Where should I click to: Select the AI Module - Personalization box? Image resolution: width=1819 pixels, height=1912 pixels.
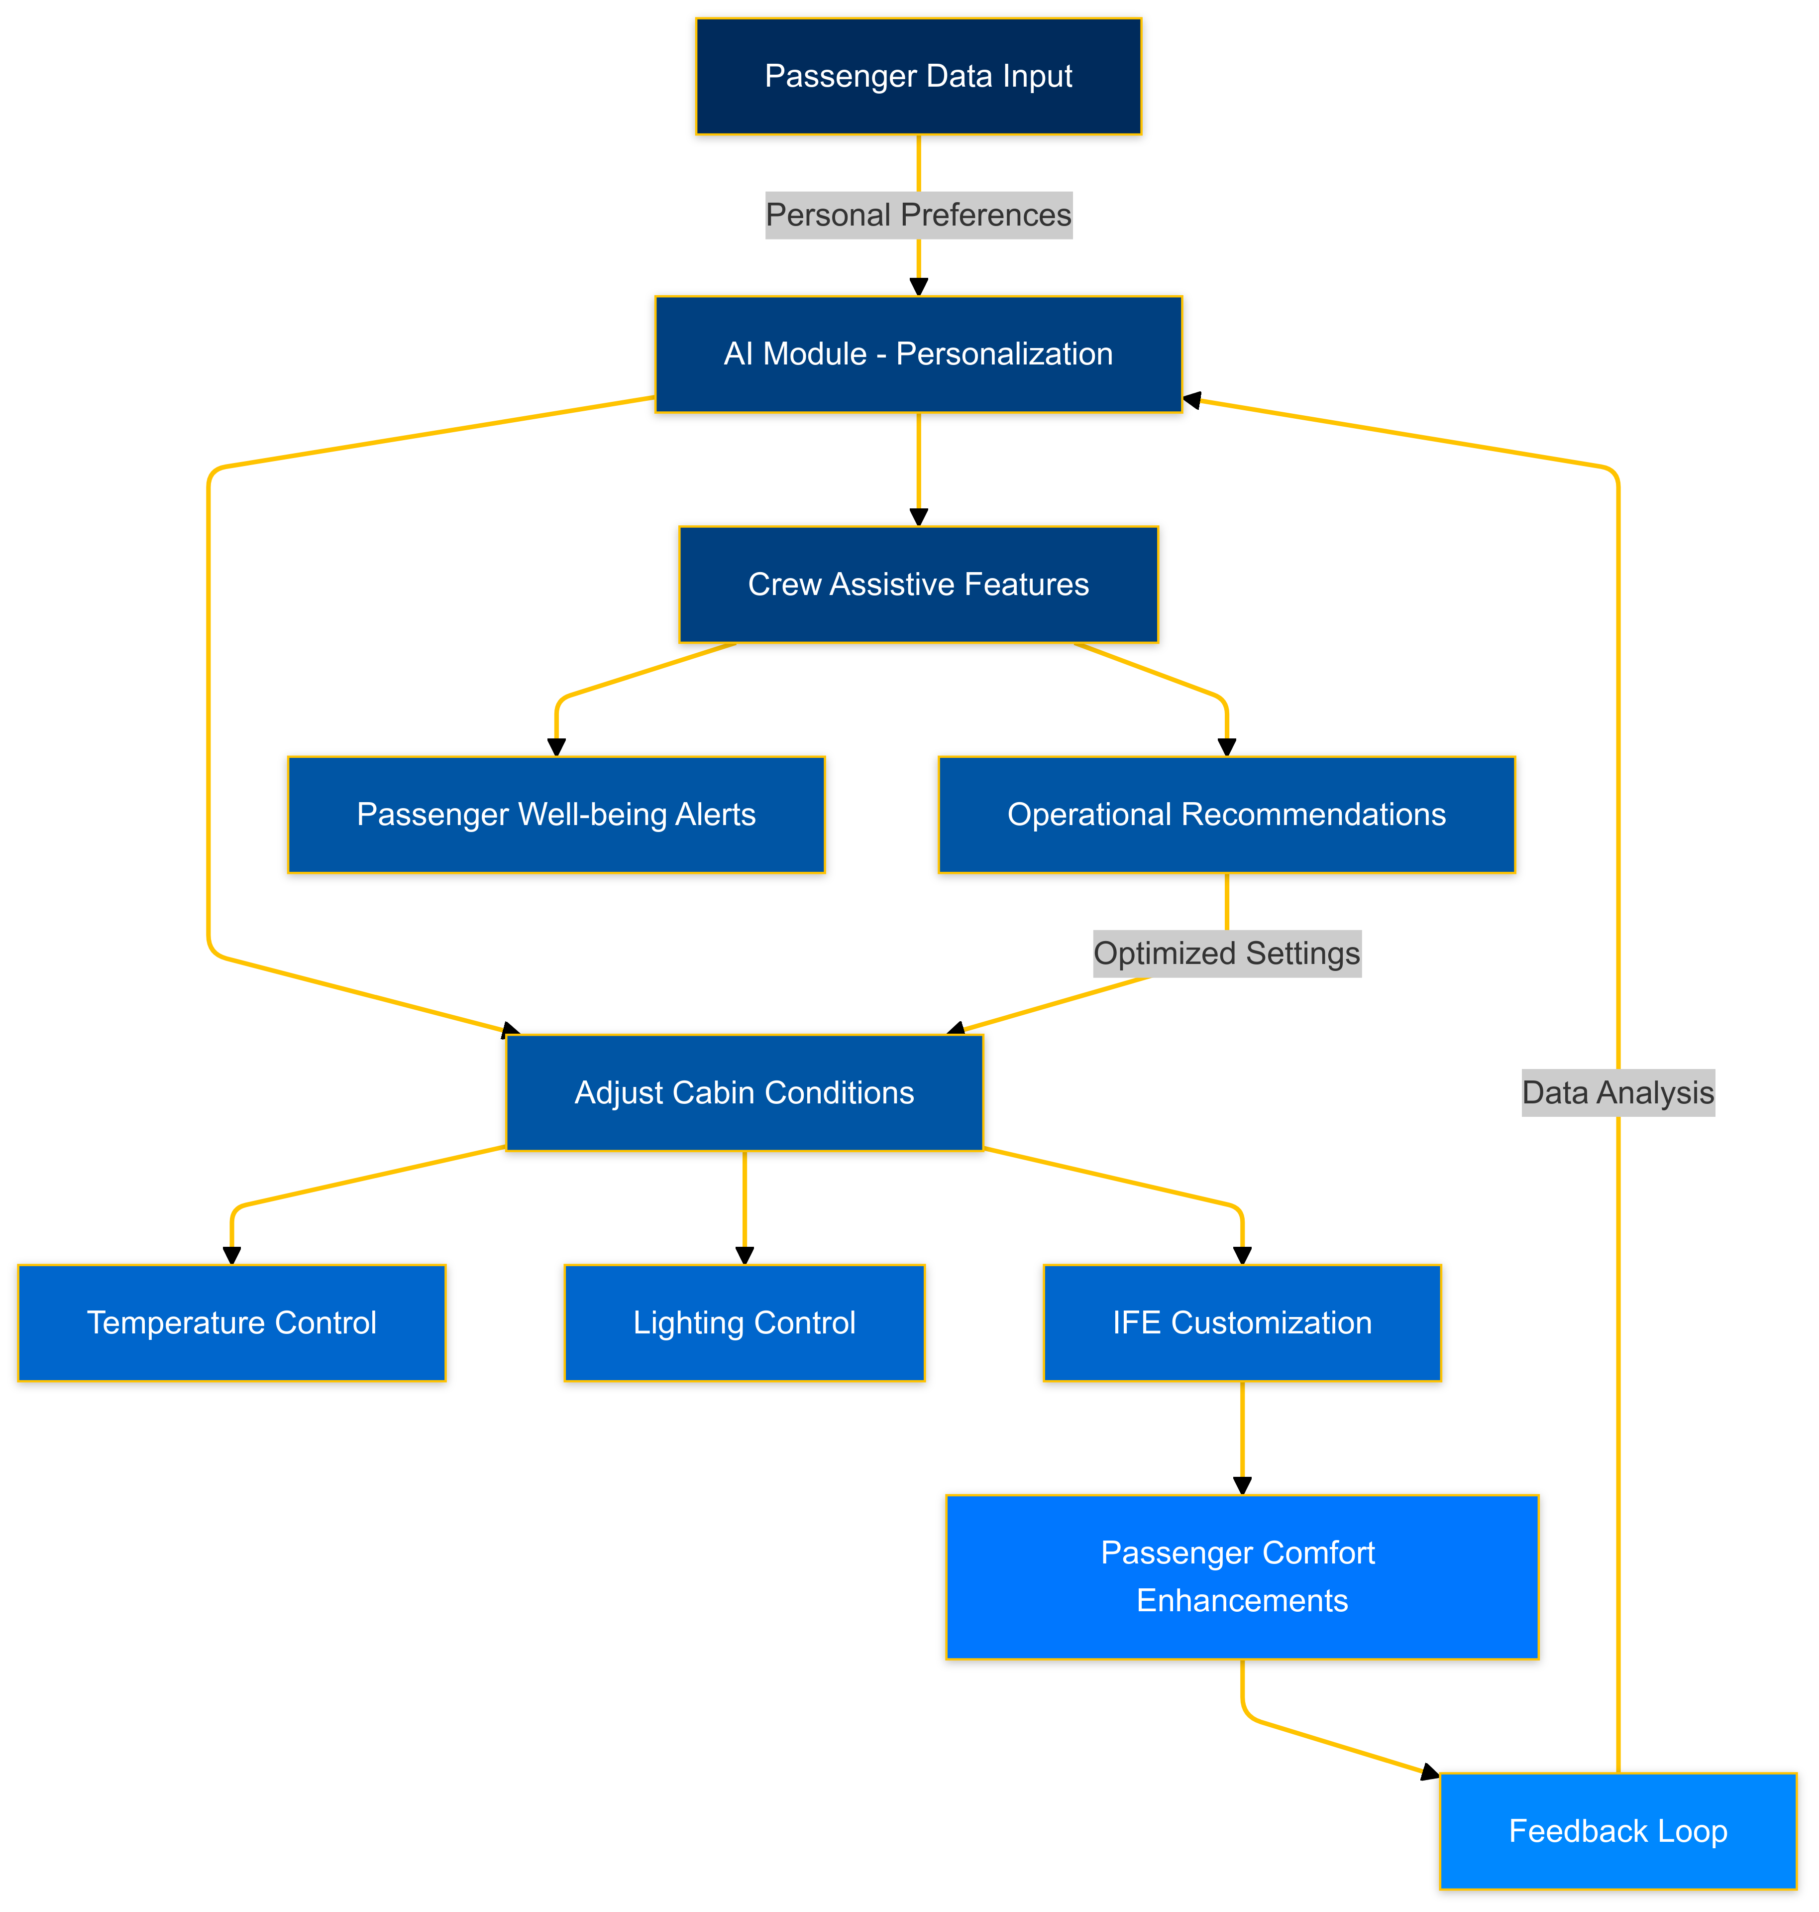[x=918, y=354]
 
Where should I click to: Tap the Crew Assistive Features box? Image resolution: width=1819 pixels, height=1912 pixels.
[x=918, y=584]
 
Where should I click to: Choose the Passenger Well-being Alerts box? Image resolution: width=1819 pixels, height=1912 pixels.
[x=555, y=814]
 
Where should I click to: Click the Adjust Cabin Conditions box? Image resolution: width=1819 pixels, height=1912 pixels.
[x=744, y=1092]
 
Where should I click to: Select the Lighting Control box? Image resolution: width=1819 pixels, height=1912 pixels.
[x=744, y=1322]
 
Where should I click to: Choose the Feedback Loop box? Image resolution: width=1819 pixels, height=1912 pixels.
[x=1617, y=1830]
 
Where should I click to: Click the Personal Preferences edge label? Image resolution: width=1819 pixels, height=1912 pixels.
[x=918, y=215]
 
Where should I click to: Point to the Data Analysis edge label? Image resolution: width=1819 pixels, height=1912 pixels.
[x=1617, y=1092]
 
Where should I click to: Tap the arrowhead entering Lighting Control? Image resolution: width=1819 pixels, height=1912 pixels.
[x=744, y=1255]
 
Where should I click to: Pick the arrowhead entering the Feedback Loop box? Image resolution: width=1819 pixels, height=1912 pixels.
[x=1429, y=1772]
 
